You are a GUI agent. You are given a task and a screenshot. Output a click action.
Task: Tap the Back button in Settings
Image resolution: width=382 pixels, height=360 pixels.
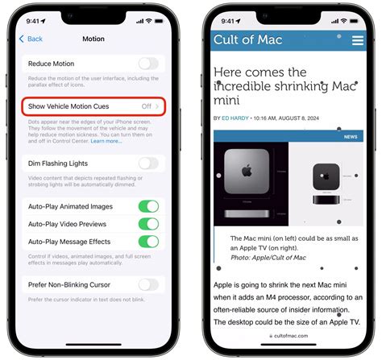click(x=33, y=39)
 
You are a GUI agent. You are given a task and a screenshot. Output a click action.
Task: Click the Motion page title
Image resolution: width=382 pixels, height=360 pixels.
click(x=93, y=39)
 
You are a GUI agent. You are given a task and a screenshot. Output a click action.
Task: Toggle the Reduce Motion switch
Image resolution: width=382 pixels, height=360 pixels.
click(x=147, y=64)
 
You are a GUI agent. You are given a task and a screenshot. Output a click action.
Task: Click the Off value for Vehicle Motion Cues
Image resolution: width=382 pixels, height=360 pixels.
click(x=147, y=106)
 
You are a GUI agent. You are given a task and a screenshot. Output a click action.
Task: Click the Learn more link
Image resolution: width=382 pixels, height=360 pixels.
click(x=106, y=141)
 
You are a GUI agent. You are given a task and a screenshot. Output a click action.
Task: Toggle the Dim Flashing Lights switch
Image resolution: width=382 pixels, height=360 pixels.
click(x=147, y=163)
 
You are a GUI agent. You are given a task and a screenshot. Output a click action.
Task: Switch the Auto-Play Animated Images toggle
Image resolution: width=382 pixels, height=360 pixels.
click(x=147, y=206)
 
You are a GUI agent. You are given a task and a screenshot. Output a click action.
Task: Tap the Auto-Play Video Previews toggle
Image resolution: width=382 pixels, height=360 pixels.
click(x=147, y=224)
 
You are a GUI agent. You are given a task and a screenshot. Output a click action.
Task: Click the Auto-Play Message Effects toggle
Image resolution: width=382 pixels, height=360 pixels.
click(x=147, y=242)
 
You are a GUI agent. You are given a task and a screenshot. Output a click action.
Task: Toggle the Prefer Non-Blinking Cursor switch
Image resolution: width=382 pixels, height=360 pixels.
click(x=147, y=284)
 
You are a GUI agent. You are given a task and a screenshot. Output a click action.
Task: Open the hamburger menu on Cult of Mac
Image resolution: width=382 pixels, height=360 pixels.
click(x=358, y=39)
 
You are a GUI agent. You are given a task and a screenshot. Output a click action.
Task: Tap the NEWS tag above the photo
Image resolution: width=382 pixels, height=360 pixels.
click(x=351, y=137)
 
